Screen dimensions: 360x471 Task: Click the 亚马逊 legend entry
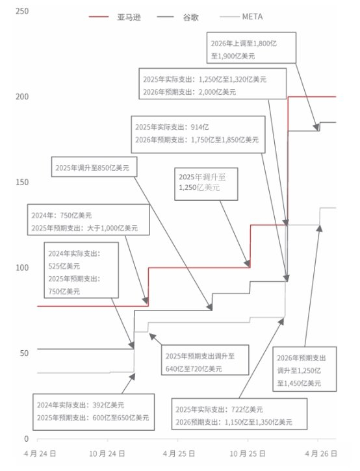pos(115,17)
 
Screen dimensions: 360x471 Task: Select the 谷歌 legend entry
pos(177,17)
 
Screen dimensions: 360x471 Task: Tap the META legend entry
pos(241,16)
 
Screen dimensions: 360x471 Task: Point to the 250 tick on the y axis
pos(22,11)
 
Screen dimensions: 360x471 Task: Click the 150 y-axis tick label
pos(22,182)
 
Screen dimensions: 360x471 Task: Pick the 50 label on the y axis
pos(24,353)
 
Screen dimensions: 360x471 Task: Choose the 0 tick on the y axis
pos(27,439)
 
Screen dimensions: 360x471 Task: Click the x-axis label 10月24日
pos(107,453)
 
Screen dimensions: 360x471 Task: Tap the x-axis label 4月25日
pos(179,453)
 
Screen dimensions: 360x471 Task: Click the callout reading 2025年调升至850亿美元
pos(94,167)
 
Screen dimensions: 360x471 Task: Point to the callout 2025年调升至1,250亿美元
pos(206,184)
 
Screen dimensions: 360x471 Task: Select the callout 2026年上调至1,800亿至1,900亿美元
pos(251,48)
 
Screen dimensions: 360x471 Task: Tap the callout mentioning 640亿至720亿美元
pos(205,360)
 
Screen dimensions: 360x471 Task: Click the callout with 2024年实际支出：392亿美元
pos(94,412)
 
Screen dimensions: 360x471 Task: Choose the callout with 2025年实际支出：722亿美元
pos(239,414)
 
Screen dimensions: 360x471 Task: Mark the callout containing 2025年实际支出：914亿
pos(198,134)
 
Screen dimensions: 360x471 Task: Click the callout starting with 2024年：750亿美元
pos(88,220)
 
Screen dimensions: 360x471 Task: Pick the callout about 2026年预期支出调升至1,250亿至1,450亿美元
pos(304,369)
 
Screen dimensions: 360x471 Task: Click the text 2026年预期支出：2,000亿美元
pos(189,92)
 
